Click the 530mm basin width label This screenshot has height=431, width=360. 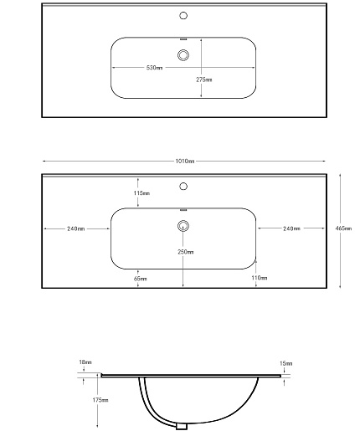(x=154, y=68)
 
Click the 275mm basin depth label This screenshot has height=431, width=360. (x=204, y=80)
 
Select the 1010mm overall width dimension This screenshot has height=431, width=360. (x=185, y=161)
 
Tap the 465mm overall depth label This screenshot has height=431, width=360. (x=343, y=228)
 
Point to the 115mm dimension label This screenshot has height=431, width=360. (x=141, y=193)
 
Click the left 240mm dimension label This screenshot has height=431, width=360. (x=75, y=228)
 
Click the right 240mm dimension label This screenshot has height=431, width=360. (x=291, y=228)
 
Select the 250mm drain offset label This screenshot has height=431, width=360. (x=186, y=252)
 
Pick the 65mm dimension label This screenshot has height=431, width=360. (x=140, y=279)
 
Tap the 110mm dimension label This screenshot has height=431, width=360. (x=260, y=278)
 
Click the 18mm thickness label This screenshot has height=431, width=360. (x=85, y=362)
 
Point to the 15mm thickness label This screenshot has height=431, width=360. (x=286, y=363)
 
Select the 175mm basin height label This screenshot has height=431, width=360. (x=100, y=400)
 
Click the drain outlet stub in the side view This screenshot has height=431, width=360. (x=182, y=427)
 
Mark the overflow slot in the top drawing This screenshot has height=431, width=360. (x=183, y=39)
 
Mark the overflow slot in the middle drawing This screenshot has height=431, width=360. (x=183, y=210)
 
